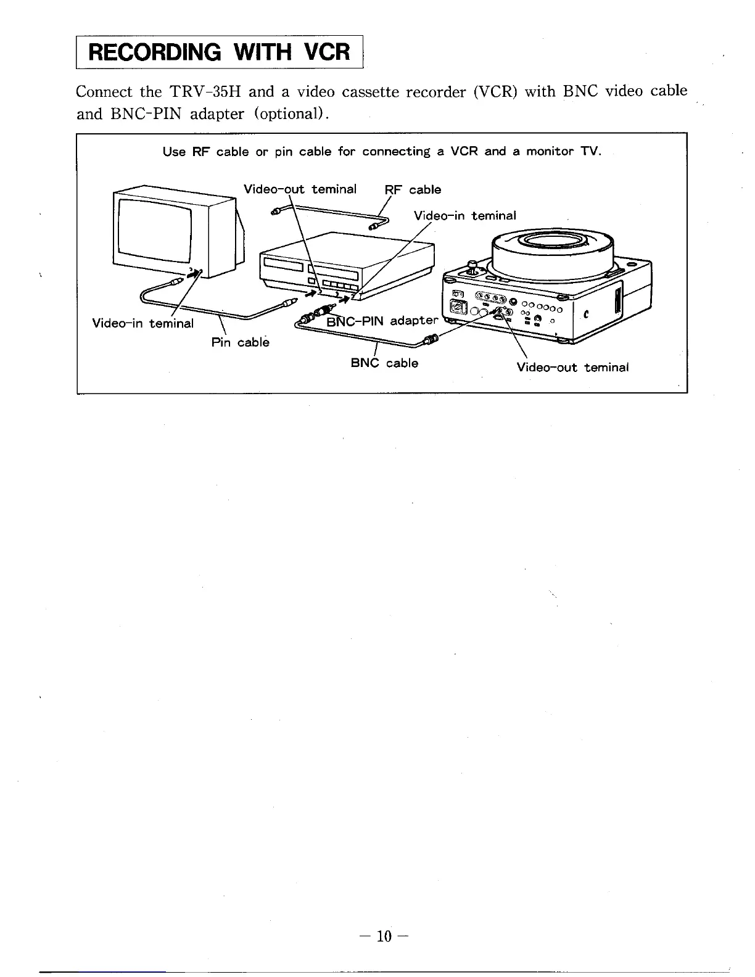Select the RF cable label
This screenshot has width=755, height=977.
pos(413,189)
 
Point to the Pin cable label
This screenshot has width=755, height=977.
pos(240,342)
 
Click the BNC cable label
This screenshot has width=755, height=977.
pos(384,363)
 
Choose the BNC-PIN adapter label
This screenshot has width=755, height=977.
pos(381,321)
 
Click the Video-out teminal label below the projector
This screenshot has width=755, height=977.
pos(572,368)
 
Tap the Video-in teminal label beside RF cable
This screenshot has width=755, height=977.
pos(464,215)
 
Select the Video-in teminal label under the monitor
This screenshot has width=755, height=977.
pos(142,323)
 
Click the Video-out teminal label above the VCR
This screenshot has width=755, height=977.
pos(300,189)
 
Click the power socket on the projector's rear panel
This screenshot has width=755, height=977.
pos(460,306)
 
